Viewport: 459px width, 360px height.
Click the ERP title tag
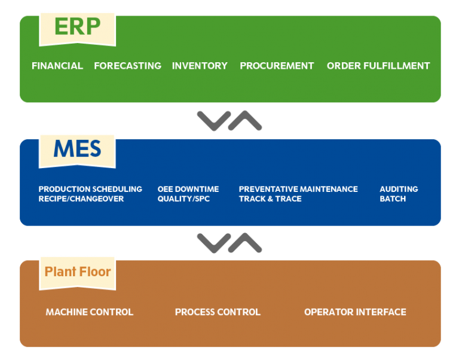coord(77,27)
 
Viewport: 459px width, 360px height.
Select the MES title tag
coord(77,149)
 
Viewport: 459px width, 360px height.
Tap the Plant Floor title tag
coord(78,272)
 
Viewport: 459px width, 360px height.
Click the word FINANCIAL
coord(57,66)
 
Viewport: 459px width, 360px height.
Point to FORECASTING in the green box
coord(127,66)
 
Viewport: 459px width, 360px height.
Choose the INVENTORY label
coord(200,66)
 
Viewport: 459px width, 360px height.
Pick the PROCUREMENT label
coord(277,66)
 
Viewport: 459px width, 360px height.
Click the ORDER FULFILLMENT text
coord(378,66)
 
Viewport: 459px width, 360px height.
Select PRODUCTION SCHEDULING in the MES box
coord(90,189)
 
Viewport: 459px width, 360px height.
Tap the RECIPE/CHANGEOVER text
coord(81,199)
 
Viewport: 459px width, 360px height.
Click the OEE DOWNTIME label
coord(188,189)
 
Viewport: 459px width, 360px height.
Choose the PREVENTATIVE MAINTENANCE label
coord(298,189)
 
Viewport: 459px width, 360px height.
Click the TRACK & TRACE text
coord(270,199)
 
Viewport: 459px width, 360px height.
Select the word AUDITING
coord(399,189)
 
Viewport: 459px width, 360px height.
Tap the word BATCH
coord(393,199)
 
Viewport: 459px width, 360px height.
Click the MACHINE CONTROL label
coord(90,312)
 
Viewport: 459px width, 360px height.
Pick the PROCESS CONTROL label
coord(218,312)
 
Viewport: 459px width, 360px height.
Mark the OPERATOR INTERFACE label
coord(355,312)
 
